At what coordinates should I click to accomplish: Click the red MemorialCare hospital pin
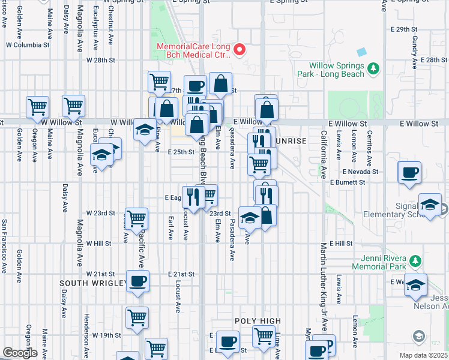point(240,49)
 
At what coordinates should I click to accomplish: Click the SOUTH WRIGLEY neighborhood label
point(93,283)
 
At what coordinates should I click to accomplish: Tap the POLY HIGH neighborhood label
point(258,321)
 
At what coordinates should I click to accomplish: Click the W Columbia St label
point(28,45)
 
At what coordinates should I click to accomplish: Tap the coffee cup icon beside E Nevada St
point(410,172)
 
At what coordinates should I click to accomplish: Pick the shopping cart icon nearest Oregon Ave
point(37,107)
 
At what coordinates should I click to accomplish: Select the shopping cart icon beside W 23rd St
point(136,218)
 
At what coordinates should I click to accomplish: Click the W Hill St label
point(98,244)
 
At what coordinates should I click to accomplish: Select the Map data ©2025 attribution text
point(423,355)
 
